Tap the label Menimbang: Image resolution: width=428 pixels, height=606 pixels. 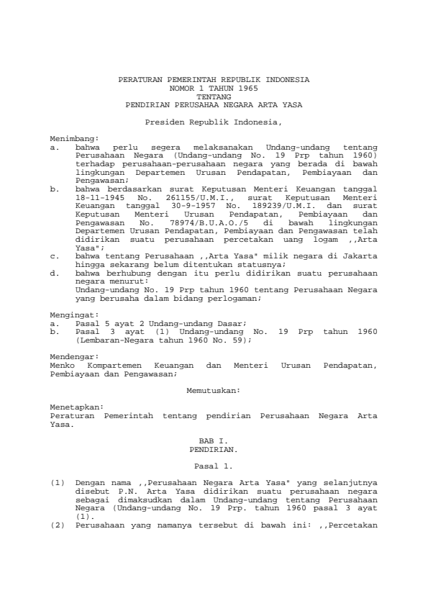point(74,137)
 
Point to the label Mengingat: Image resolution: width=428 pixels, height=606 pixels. point(74,315)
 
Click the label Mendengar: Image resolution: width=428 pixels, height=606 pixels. point(74,356)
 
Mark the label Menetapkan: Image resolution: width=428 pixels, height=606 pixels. point(76,407)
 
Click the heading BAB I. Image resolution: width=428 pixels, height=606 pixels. point(214,439)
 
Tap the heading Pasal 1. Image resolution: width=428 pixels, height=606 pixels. point(214,466)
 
